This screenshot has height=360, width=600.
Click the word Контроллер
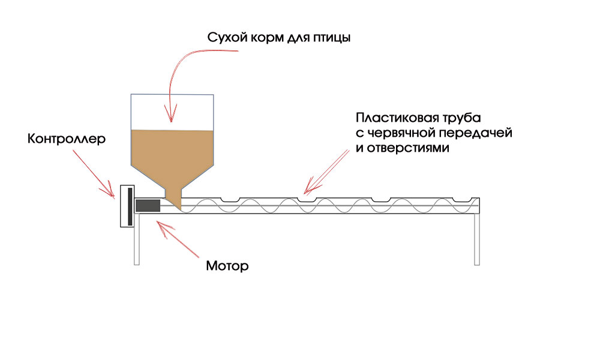66,139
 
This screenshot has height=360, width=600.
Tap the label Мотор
227,265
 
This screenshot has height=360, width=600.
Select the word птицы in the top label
329,38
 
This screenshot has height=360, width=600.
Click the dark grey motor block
148,206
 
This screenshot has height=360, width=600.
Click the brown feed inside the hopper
172,153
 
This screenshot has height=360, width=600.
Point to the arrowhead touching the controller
111,193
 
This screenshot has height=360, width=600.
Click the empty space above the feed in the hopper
172,112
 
